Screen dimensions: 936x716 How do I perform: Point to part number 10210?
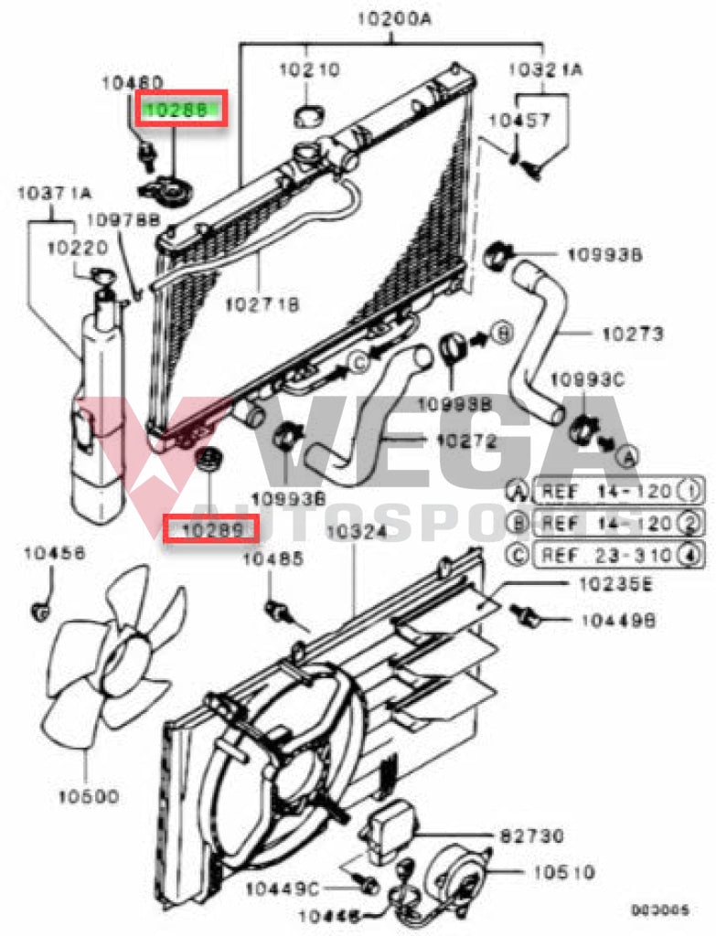(308, 69)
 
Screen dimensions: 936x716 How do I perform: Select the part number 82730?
(531, 835)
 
